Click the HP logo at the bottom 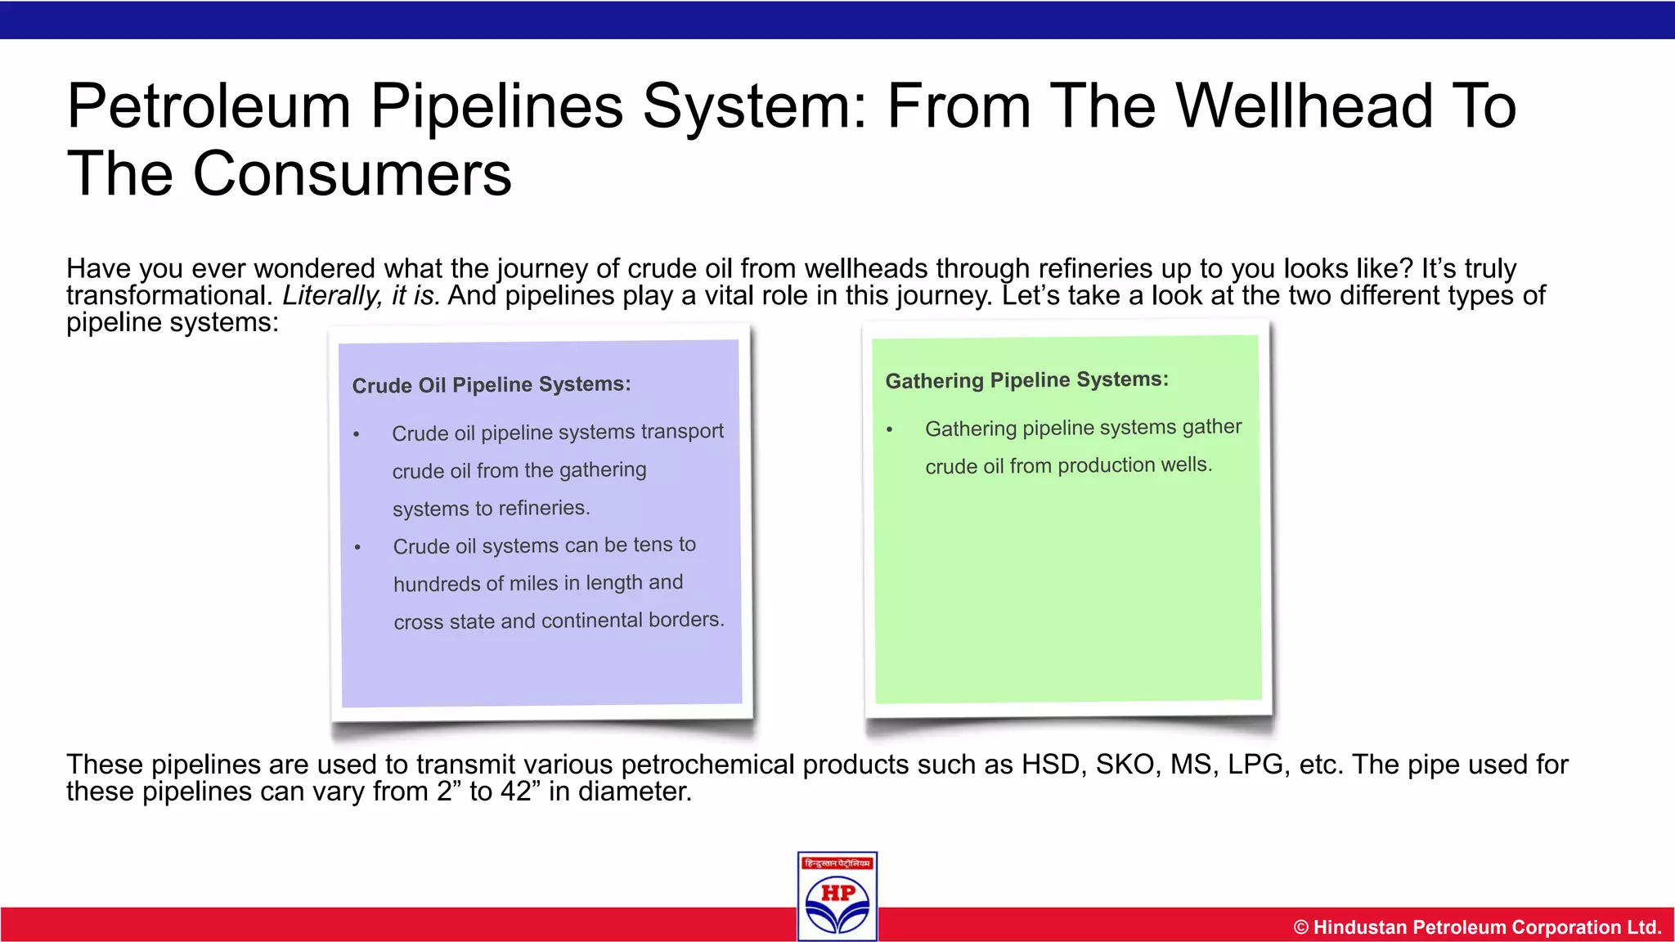[837, 897]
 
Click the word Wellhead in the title [1305, 106]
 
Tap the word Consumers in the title [352, 174]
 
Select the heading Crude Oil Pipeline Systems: [492, 384]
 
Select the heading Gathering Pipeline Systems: [1027, 380]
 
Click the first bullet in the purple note [357, 434]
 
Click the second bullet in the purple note [357, 547]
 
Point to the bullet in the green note [890, 429]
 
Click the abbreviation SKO [1128, 765]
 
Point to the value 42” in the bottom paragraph [516, 792]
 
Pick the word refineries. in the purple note [544, 508]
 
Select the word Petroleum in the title [209, 106]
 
